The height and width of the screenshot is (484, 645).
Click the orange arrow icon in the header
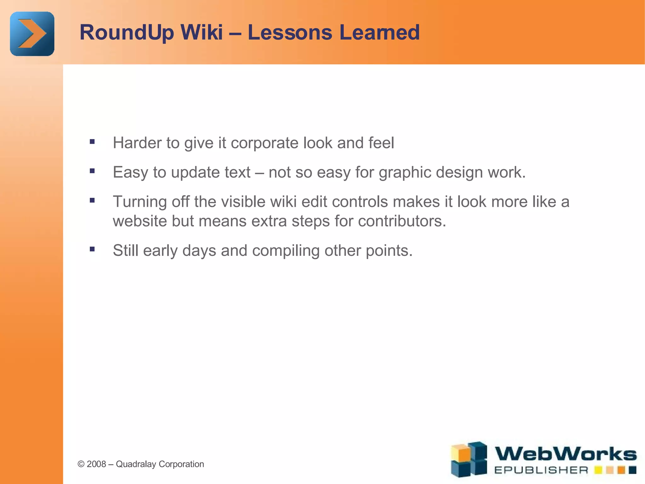point(32,34)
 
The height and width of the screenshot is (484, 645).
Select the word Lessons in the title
point(290,32)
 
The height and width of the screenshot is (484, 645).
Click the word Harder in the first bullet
point(137,143)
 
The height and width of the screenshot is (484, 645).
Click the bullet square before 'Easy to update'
point(92,171)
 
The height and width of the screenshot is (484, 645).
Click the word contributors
point(402,221)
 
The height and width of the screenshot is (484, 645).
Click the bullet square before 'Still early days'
point(92,249)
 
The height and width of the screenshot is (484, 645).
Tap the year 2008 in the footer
point(96,464)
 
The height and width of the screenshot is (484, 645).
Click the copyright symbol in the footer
point(81,464)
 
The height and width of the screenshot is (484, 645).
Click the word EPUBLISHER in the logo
point(541,470)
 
